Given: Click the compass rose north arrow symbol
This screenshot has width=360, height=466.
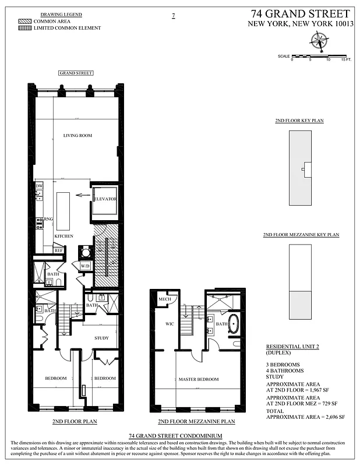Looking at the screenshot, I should (319, 40).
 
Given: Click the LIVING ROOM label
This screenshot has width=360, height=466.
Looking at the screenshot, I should (77, 136).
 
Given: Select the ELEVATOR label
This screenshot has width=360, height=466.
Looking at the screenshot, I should (105, 199).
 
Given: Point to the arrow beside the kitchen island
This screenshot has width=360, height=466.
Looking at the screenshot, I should (82, 196).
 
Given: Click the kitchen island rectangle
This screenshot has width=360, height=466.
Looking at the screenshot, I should (62, 204).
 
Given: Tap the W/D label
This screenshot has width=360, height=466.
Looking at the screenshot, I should (85, 266).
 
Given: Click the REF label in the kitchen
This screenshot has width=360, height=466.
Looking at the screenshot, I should (58, 250).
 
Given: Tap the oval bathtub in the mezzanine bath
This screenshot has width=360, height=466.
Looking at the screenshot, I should (233, 324).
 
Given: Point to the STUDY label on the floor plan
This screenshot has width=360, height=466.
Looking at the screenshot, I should (102, 338).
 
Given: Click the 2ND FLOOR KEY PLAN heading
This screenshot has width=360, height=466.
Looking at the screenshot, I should (299, 121).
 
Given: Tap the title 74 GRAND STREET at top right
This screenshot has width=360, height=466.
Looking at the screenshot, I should (301, 13).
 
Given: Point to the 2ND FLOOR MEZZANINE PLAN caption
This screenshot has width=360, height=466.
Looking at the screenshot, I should (196, 421).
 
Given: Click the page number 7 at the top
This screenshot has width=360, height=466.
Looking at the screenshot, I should (173, 16).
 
